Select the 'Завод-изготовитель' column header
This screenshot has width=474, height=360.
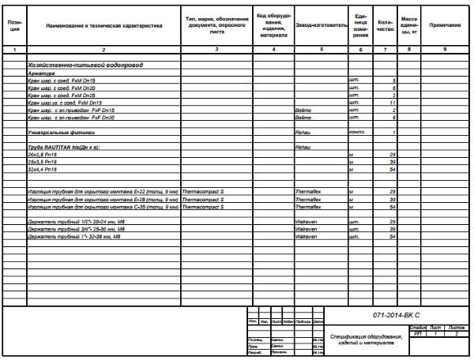[x=320, y=26]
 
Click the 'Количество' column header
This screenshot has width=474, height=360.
[x=385, y=26]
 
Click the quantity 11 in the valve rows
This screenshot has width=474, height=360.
[x=392, y=103]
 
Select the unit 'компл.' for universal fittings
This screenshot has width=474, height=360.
[x=356, y=132]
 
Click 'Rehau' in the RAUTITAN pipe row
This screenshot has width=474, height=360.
[x=304, y=148]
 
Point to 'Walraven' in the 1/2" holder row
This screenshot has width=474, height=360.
[x=307, y=222]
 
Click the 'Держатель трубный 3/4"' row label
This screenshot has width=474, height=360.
[x=73, y=229]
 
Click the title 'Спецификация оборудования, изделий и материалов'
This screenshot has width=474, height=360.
[x=366, y=340]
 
